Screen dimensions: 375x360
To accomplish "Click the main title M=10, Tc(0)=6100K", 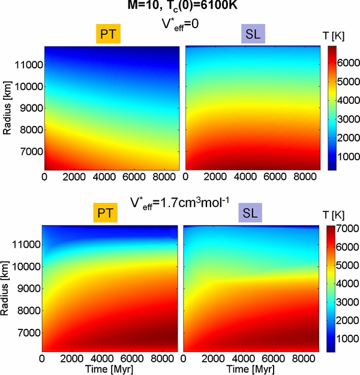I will tap(181, 7).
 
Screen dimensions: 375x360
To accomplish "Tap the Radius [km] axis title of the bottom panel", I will tap(7, 289).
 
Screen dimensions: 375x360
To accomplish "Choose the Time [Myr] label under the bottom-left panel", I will tap(110, 368).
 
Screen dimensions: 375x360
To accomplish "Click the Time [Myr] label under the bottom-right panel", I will tap(251, 368).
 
